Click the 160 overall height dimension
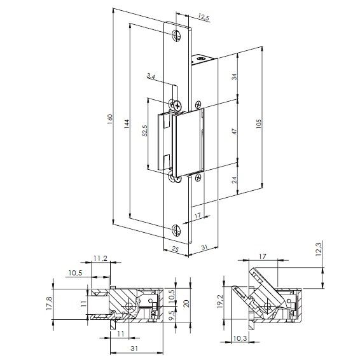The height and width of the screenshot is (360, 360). click(110, 119)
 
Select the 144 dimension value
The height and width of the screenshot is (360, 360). click(127, 124)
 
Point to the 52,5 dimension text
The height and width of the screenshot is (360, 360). click(145, 131)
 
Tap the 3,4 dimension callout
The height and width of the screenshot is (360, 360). click(151, 76)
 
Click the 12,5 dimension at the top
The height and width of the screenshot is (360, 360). click(204, 17)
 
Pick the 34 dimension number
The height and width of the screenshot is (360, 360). click(234, 77)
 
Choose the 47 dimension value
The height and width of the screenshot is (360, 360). click(234, 131)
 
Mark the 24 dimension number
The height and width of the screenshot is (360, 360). click(234, 180)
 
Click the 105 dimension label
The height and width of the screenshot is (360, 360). click(258, 123)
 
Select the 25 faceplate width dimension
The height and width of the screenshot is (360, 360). click(175, 249)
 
